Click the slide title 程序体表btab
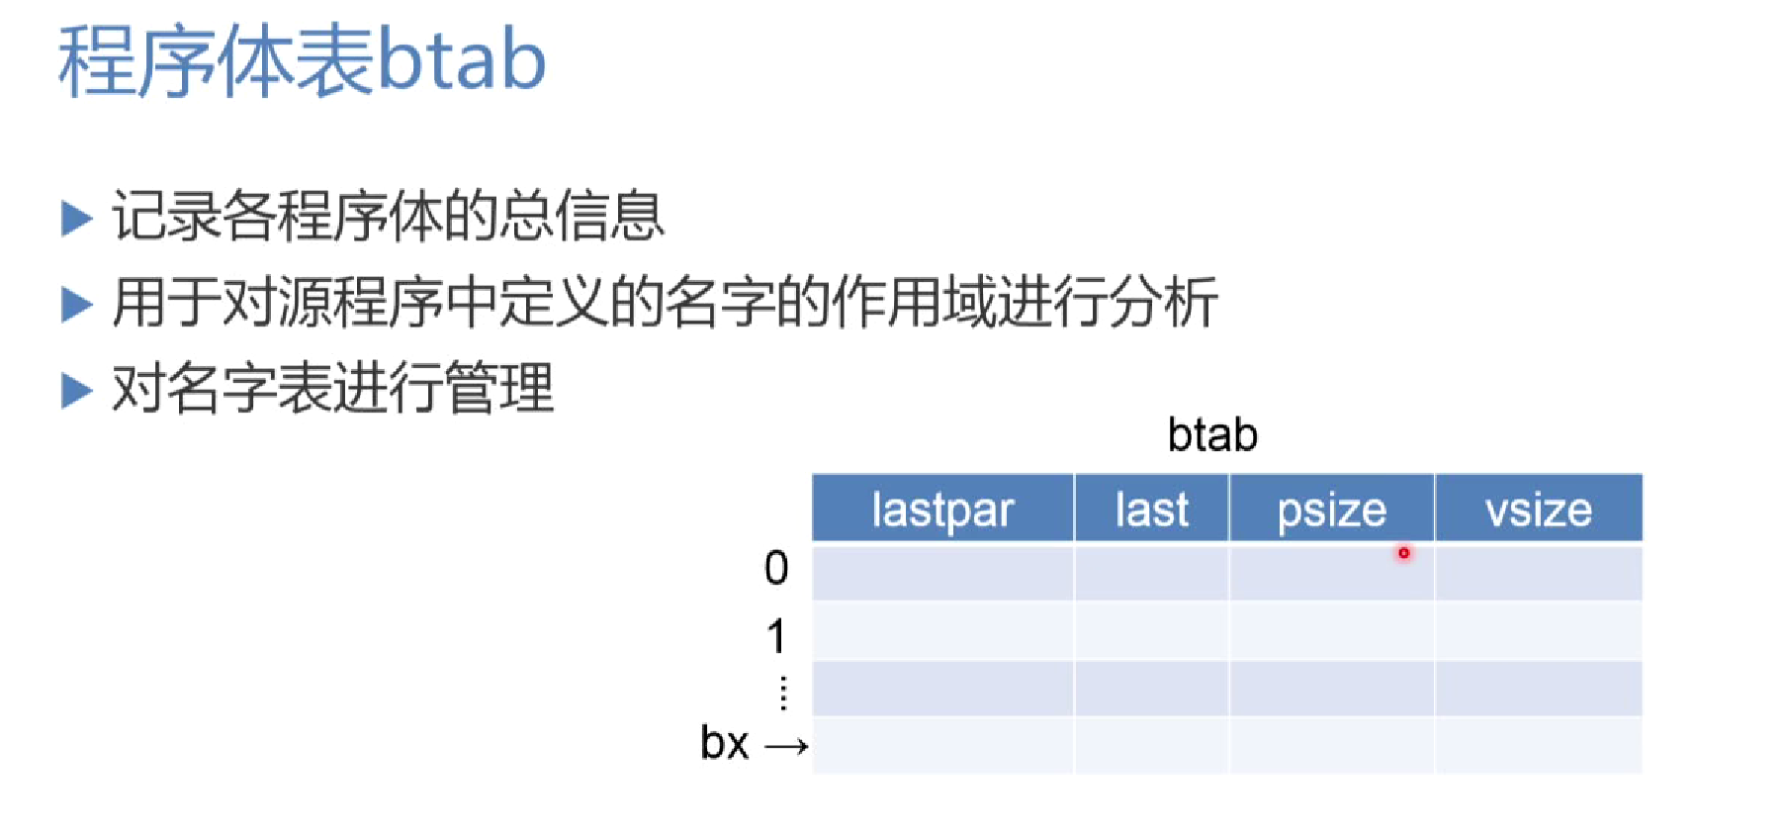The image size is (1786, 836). tap(302, 61)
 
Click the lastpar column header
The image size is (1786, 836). tap(942, 509)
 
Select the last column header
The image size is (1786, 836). tap(1151, 509)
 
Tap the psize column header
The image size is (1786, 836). tap(1331, 509)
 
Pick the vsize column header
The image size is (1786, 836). tap(1539, 509)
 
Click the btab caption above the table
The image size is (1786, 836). tap(1212, 434)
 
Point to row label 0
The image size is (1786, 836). tap(776, 568)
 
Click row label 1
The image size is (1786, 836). tap(777, 636)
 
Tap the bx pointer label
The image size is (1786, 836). tap(724, 743)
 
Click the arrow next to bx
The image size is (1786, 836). tap(787, 747)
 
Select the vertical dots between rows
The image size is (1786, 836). tap(783, 693)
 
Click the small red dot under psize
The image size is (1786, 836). tap(1403, 553)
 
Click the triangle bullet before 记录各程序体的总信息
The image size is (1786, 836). tap(76, 218)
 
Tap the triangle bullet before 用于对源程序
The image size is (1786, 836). tap(76, 304)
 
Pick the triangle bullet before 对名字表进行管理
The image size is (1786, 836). tap(76, 390)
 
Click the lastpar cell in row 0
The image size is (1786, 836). tap(942, 572)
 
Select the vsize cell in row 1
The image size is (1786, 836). tap(1539, 630)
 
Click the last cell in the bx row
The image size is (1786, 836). tap(1151, 745)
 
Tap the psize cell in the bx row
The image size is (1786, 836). tap(1331, 745)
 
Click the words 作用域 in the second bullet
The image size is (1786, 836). tap(913, 302)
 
